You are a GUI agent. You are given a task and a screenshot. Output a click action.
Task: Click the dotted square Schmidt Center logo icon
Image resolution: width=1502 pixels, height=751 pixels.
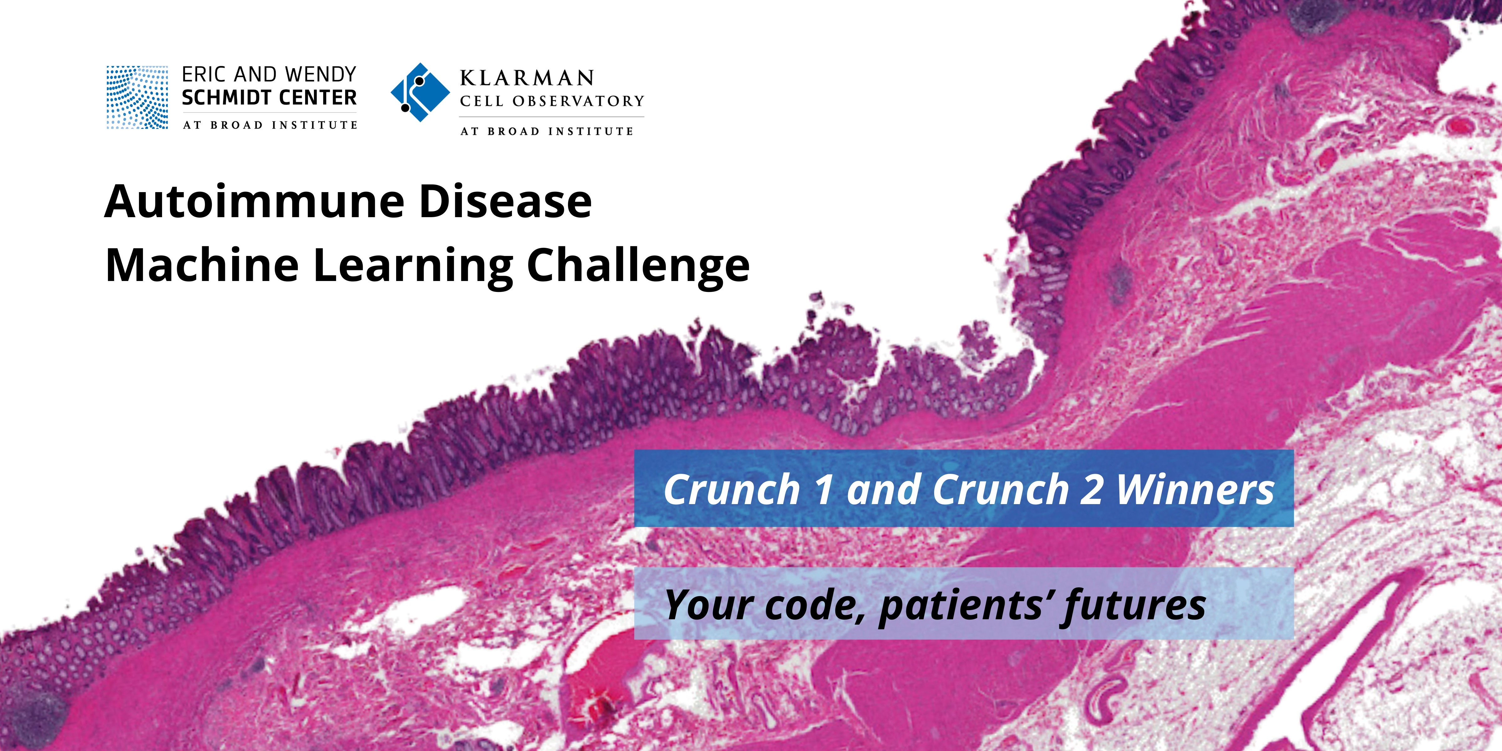[x=137, y=97]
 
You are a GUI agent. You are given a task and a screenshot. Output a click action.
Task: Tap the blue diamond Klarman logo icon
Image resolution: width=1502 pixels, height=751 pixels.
[x=420, y=92]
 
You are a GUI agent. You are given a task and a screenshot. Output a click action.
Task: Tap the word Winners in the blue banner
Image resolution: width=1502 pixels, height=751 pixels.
[x=1195, y=490]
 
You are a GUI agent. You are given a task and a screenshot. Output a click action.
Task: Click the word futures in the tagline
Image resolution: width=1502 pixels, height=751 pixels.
[x=1133, y=605]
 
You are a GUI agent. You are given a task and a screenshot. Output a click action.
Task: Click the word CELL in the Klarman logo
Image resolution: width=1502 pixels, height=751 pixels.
[x=481, y=101]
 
